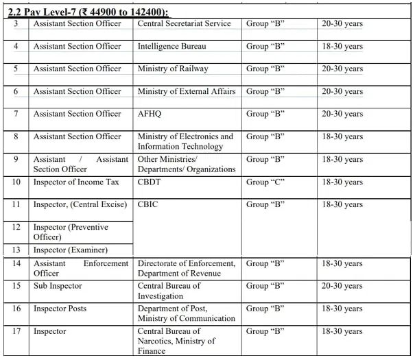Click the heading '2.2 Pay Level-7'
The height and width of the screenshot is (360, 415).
[x=88, y=12]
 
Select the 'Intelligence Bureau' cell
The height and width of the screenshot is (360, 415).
[x=171, y=47]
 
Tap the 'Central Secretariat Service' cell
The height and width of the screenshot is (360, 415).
[x=185, y=24]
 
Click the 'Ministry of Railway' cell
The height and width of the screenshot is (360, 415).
[x=173, y=69]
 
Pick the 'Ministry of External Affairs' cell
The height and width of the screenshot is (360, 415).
[x=187, y=91]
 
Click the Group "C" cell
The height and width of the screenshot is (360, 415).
[x=266, y=182]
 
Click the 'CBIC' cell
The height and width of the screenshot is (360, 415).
[x=149, y=204]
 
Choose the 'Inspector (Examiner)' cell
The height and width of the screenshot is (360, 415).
[x=71, y=250]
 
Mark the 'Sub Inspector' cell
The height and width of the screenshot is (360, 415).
[x=58, y=286]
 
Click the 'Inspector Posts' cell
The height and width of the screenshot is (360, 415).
[x=60, y=309]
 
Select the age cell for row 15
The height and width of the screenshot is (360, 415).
[x=343, y=286]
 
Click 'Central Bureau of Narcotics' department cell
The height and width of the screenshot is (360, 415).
[x=176, y=341]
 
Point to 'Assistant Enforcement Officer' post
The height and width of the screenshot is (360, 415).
[x=81, y=267]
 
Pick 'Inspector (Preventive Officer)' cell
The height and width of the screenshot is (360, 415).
[x=71, y=232]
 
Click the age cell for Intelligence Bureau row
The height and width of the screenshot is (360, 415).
[x=343, y=47]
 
